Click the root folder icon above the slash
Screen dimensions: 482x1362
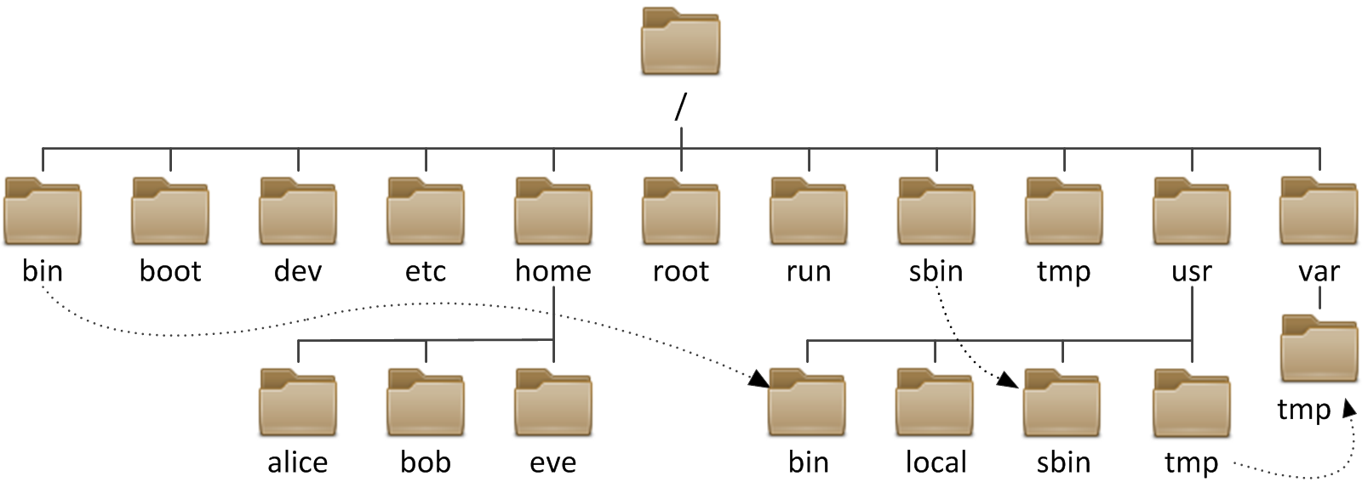tap(680, 43)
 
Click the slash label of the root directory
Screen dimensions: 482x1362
tap(680, 107)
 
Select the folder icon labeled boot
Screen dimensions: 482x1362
tap(170, 213)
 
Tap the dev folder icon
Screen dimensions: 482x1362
tap(298, 213)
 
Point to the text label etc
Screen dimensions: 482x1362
tap(426, 272)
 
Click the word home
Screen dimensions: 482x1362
tap(553, 271)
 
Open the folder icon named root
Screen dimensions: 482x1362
tap(681, 213)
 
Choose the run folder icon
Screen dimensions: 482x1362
tap(809, 213)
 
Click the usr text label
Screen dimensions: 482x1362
tap(1192, 272)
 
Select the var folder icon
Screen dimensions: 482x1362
tap(1319, 213)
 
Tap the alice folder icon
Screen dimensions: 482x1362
tap(298, 404)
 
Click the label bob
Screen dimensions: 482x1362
tap(426, 462)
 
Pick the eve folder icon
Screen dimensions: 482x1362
tap(553, 404)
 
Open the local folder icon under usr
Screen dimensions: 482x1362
tap(935, 404)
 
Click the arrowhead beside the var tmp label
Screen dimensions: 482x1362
tap(1349, 409)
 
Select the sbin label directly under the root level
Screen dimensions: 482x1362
tap(936, 271)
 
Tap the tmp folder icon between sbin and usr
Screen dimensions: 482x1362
tap(1064, 213)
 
